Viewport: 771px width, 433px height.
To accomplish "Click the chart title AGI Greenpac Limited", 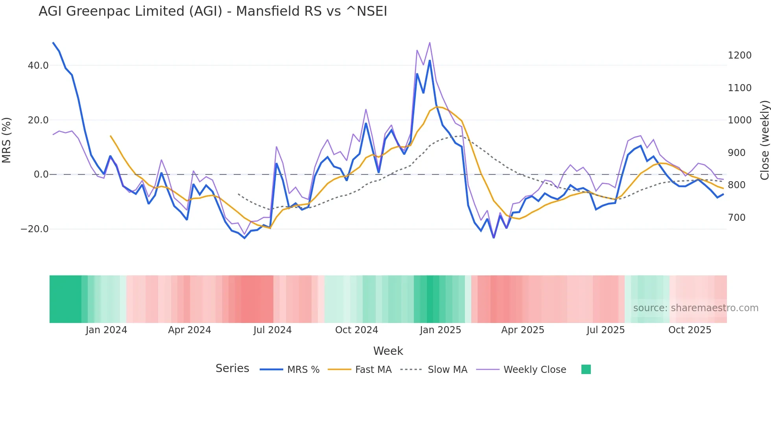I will point(212,11).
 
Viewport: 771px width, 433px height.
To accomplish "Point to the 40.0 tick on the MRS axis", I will point(38,66).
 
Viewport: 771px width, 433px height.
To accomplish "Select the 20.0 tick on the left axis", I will point(38,120).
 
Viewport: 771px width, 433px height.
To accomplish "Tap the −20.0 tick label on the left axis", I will point(35,229).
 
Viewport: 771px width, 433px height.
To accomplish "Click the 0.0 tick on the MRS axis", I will point(41,174).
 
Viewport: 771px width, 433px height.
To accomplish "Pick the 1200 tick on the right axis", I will point(740,55).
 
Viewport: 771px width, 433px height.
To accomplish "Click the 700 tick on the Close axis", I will point(736,218).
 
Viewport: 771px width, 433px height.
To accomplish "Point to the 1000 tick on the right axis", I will point(740,120).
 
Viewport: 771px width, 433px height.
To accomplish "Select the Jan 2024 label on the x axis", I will point(106,330).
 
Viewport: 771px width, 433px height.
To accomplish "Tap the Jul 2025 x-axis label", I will point(605,330).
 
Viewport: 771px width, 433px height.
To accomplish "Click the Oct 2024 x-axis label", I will point(356,330).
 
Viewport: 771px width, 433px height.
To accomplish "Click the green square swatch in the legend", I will point(586,369).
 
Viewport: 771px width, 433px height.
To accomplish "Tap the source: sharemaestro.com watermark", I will point(695,308).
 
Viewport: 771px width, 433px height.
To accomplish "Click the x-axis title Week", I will point(388,351).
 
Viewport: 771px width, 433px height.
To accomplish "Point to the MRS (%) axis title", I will point(7,140).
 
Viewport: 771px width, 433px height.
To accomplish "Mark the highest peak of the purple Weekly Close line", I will point(430,42).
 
